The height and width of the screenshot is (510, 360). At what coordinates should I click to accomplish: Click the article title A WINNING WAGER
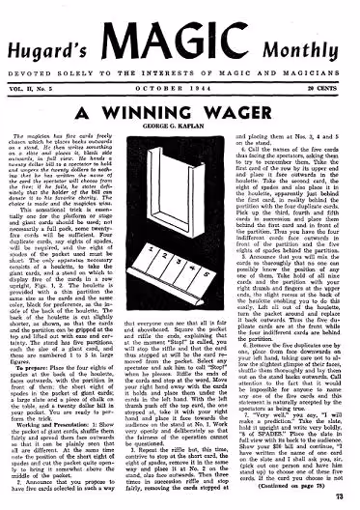pos(180,84)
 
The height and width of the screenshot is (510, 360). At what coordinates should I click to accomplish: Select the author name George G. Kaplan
pos(180,101)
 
